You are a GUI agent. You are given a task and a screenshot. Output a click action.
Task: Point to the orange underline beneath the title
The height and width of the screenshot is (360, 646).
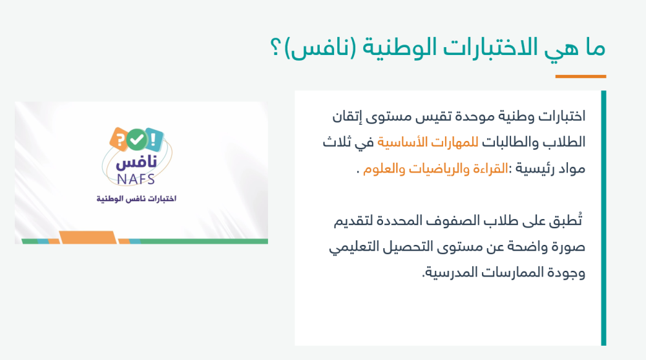(x=580, y=76)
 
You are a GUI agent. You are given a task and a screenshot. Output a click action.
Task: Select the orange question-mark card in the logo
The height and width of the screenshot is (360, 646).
(x=121, y=138)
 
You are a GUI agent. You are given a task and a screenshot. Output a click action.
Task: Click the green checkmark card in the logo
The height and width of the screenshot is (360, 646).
(x=136, y=137)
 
